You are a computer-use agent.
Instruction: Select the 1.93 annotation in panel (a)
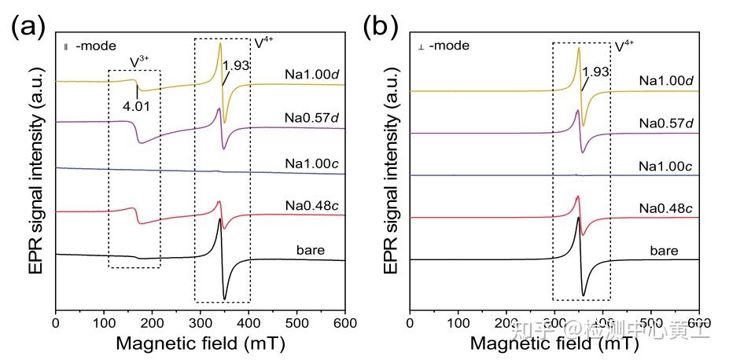coord(236,65)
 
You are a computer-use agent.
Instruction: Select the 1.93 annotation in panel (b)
coord(595,72)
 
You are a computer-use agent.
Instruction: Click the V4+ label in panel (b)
coord(624,46)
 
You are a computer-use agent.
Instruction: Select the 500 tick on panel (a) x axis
coord(296,322)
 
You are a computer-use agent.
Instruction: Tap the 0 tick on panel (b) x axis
coord(411,322)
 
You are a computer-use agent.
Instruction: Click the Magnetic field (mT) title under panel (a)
coord(200,343)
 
